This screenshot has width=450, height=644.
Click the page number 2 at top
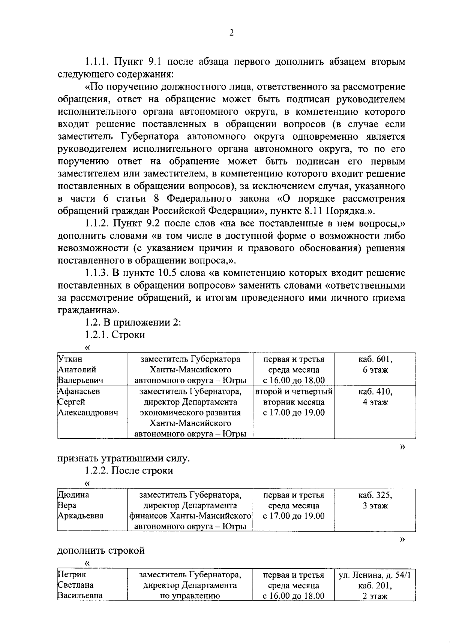(231, 33)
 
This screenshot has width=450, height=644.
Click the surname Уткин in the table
(70, 359)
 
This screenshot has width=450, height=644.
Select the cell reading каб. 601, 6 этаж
(375, 365)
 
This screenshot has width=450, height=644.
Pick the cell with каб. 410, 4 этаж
(375, 397)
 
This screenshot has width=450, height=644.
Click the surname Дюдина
(73, 495)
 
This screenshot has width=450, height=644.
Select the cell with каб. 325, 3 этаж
(375, 501)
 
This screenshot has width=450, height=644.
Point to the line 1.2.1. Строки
(115, 335)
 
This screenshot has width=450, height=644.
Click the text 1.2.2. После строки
(129, 471)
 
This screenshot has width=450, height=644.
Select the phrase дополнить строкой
(101, 550)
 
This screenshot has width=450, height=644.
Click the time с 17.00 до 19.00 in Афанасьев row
(294, 413)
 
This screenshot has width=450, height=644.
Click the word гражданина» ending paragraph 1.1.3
(89, 310)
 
